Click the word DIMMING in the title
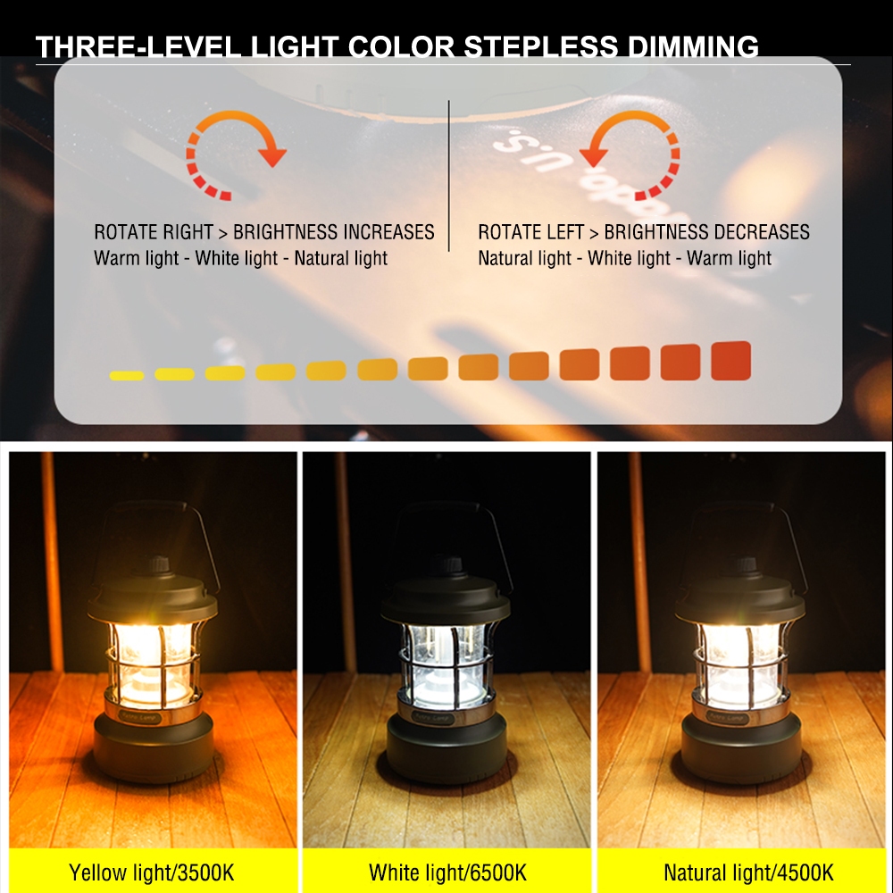click(x=693, y=46)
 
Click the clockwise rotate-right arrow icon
click(x=236, y=154)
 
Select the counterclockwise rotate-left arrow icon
click(x=630, y=154)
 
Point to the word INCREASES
click(x=389, y=232)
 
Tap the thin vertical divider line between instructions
click(x=449, y=176)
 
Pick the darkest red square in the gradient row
click(x=730, y=361)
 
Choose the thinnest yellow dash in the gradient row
click(x=127, y=375)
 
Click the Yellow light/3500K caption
click(x=152, y=872)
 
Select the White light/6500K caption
click(x=447, y=872)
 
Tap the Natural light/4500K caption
click(x=748, y=872)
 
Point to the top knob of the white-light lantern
click(x=448, y=564)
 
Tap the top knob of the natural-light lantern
click(x=743, y=564)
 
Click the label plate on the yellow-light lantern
click(x=140, y=716)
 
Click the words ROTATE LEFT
click(x=530, y=232)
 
